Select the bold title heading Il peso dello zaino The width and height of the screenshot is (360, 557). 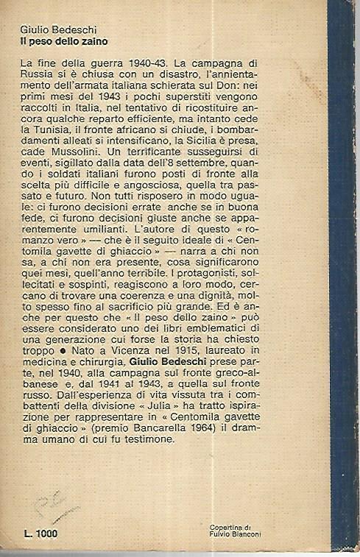[x=63, y=42]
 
